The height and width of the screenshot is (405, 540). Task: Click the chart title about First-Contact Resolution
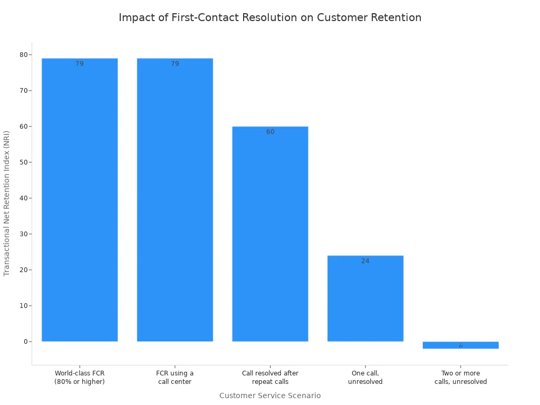point(270,17)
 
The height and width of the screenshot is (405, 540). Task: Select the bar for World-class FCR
point(80,200)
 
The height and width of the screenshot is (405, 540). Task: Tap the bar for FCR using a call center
point(175,200)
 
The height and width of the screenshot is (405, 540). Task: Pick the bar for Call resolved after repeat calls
point(270,235)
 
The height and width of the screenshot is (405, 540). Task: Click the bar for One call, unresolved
point(365,298)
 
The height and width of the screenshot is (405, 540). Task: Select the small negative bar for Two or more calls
point(460,345)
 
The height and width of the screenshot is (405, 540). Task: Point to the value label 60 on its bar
point(270,132)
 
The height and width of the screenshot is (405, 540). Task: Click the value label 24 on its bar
point(365,261)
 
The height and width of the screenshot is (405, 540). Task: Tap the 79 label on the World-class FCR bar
point(80,64)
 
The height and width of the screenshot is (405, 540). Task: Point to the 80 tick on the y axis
point(24,55)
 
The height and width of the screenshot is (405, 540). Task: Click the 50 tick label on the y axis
point(24,162)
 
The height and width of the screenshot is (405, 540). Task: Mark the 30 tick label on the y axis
point(24,234)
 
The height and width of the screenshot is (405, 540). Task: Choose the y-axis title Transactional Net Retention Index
point(7,203)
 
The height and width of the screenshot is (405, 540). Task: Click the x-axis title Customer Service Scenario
point(270,396)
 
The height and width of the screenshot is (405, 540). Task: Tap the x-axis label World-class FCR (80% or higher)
point(80,378)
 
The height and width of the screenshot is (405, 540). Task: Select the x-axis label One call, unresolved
point(365,378)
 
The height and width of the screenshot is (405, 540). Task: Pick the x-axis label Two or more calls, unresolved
point(460,378)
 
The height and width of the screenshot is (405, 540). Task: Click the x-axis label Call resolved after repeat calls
point(270,378)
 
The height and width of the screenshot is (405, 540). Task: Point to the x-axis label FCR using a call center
point(175,378)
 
